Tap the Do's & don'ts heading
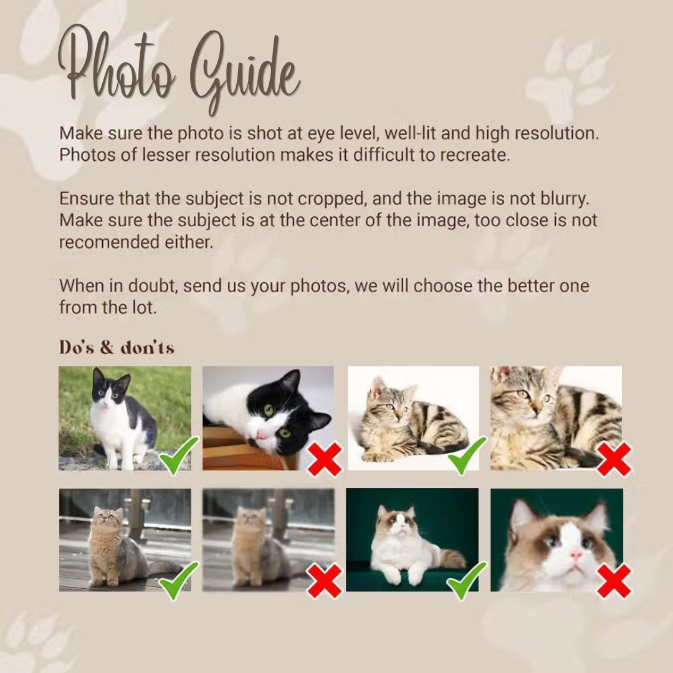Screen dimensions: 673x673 117,347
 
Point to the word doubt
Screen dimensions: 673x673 152,285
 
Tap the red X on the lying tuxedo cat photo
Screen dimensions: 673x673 325,459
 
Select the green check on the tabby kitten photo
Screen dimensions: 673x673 467,455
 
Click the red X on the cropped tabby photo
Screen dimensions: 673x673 614,459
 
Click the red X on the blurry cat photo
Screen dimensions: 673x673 324,581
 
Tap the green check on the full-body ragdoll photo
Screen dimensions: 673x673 467,580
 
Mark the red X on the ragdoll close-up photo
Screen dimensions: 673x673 614,581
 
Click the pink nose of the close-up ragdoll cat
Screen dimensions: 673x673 576,556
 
